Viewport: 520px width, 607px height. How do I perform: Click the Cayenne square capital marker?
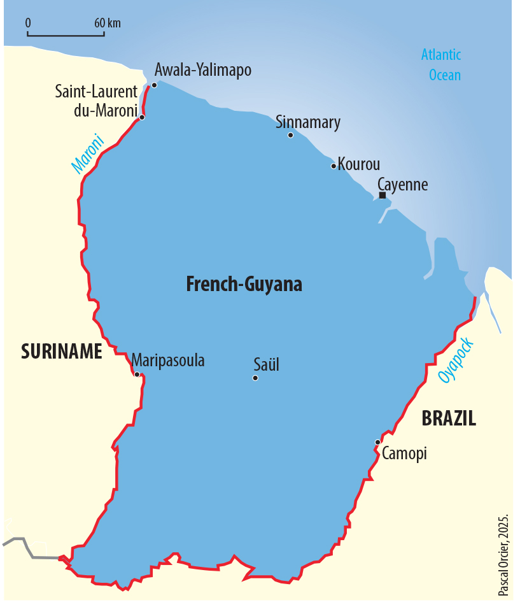point(382,196)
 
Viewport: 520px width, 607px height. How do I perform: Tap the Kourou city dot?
point(334,166)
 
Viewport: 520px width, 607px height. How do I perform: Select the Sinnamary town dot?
point(291,135)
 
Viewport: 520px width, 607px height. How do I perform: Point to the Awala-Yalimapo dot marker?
point(154,85)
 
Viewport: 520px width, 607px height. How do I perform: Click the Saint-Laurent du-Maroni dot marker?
point(142,117)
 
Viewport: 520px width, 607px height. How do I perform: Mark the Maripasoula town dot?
point(137,375)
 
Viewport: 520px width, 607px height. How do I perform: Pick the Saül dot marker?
point(255,378)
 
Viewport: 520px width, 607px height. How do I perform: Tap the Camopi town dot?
point(377,442)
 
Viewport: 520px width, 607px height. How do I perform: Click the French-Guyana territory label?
point(244,284)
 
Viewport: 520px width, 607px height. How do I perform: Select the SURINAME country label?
point(62,352)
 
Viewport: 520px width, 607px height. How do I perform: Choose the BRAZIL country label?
point(449,418)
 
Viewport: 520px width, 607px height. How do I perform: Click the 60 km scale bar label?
point(108,23)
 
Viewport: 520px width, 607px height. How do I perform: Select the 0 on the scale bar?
point(29,23)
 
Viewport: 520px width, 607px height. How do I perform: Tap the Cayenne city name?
point(403,185)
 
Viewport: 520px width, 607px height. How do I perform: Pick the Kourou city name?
point(359,164)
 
